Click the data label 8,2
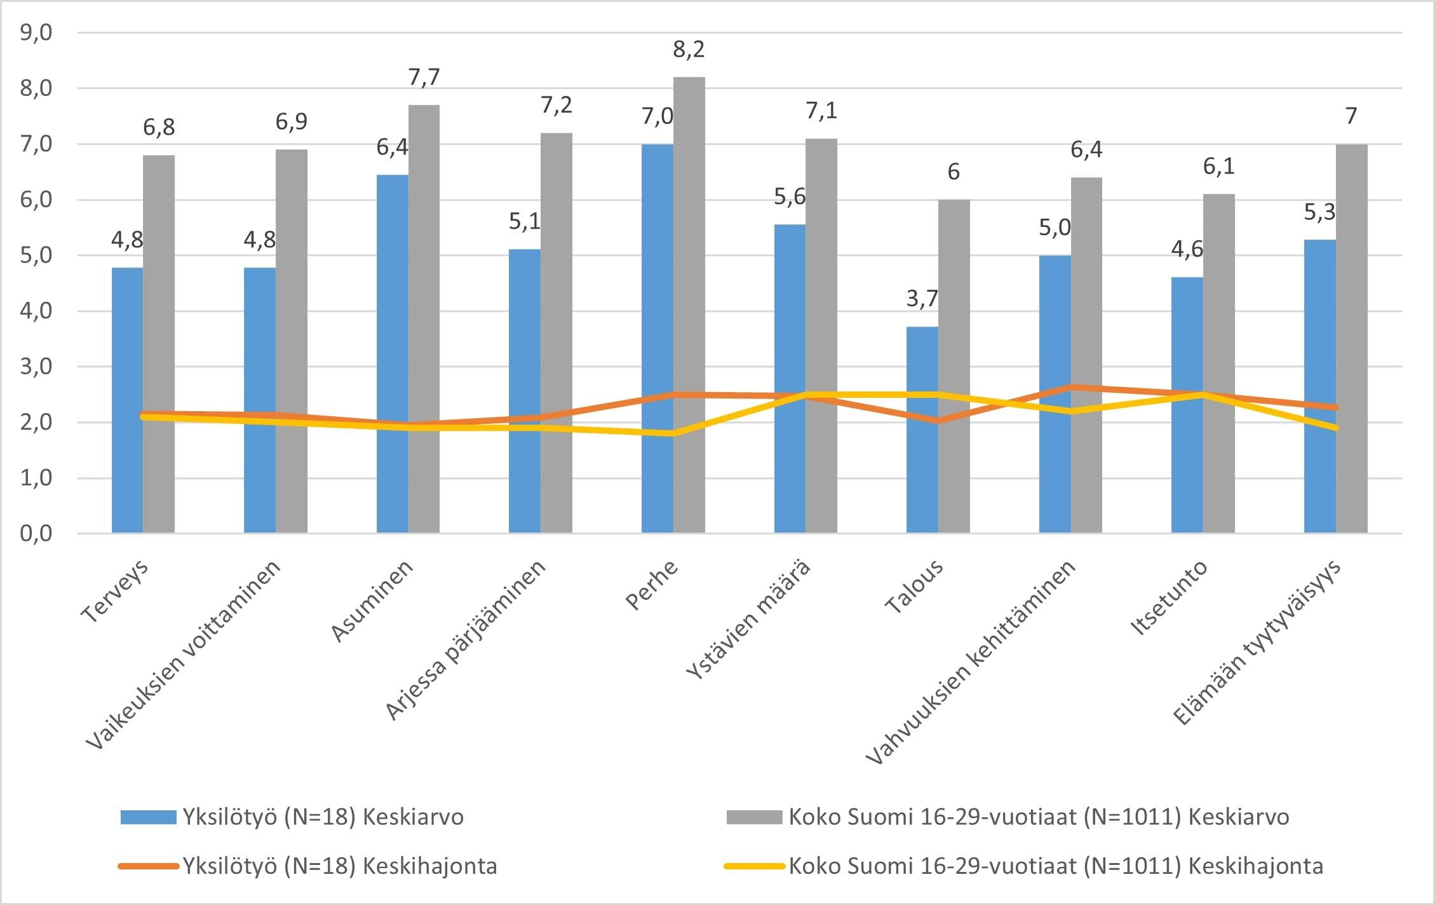689,50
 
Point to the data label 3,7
922,298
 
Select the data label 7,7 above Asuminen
424,77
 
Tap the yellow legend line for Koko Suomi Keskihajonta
754,866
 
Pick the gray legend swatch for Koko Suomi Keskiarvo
754,817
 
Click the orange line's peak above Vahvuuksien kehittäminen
1072,387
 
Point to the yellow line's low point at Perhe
673,433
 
